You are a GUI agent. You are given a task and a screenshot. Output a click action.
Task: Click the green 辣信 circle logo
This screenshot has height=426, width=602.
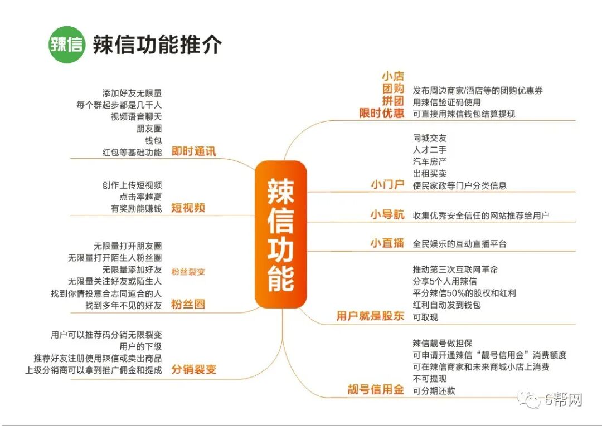point(66,45)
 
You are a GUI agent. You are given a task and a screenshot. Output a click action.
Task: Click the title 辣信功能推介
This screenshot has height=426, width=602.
point(157,45)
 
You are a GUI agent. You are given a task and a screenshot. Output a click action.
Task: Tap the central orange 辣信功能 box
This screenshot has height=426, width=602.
point(281,234)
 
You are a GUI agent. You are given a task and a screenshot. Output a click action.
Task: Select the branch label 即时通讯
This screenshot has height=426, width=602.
point(194,151)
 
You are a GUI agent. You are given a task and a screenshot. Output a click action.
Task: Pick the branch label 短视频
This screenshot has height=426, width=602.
point(188,208)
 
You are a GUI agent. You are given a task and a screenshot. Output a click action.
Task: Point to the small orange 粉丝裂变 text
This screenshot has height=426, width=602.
point(188,272)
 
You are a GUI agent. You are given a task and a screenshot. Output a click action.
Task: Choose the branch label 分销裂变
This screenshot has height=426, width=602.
point(193,369)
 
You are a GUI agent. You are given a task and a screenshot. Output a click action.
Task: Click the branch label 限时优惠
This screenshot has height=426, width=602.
point(381,114)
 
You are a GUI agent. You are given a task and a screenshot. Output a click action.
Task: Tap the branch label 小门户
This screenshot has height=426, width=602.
point(387,185)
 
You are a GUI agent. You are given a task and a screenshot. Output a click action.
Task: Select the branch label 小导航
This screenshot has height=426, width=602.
point(387,215)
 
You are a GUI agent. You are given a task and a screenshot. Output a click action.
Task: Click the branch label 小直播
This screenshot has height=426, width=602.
point(387,243)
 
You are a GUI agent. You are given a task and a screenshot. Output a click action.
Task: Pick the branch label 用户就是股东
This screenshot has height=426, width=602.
point(370,316)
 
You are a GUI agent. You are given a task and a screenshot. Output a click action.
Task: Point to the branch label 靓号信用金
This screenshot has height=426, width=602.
point(376,390)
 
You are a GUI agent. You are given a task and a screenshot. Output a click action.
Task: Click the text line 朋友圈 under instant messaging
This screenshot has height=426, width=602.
point(149,128)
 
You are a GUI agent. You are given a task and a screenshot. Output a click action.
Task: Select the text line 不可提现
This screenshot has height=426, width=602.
point(429,379)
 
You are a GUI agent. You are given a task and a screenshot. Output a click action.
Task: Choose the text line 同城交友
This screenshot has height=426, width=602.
point(429,138)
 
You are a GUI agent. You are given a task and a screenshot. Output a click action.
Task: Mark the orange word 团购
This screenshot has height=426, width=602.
point(393,89)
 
